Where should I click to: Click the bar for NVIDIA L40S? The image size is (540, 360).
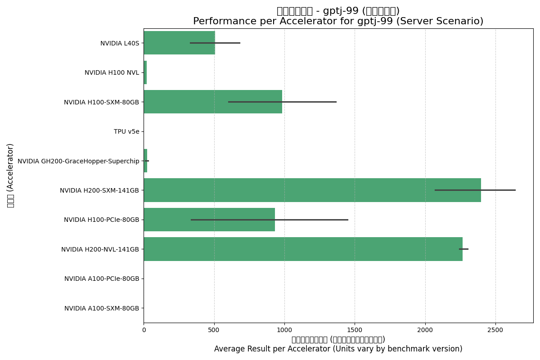[x=179, y=43]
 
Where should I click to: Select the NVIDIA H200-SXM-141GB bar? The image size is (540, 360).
[x=312, y=190]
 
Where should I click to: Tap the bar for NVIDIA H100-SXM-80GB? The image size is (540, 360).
[x=212, y=102]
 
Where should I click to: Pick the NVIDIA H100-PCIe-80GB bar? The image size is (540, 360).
[x=209, y=220]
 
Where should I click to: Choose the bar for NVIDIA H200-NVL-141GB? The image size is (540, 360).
[x=303, y=249]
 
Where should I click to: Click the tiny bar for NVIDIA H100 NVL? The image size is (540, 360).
[x=145, y=72]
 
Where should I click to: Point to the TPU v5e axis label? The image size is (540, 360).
[x=126, y=131]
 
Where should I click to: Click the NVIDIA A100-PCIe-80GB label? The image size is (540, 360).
[x=102, y=279]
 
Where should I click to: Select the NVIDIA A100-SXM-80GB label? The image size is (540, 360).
[x=102, y=308]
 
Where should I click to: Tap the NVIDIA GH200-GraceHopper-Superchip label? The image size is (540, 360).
[x=78, y=161]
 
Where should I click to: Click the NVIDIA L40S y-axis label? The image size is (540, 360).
[x=120, y=43]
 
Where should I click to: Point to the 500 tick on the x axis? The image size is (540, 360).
[x=214, y=330]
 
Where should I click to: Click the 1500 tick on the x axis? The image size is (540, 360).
[x=355, y=330]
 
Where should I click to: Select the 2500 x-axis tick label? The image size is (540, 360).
[x=495, y=330]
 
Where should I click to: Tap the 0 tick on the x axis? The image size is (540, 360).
[x=144, y=330]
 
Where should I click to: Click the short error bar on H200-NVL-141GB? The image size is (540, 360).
[x=463, y=249]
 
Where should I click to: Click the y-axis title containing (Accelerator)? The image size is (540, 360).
[x=10, y=175]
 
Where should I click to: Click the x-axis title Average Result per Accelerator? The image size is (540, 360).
[x=338, y=349]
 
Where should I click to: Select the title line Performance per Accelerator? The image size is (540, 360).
[x=338, y=22]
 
